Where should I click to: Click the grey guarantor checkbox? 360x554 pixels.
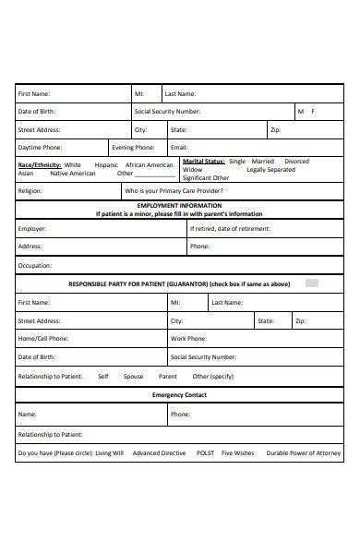(x=312, y=283)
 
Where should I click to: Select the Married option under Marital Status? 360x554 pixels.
(x=263, y=162)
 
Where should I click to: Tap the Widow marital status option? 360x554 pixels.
(x=192, y=170)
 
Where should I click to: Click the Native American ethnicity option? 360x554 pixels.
(x=72, y=173)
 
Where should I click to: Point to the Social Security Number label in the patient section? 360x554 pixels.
(x=167, y=112)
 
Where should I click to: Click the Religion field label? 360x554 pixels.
(x=30, y=191)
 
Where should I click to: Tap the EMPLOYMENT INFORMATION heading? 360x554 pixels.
(x=179, y=205)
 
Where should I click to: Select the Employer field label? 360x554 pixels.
(x=32, y=228)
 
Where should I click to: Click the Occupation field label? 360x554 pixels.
(x=35, y=265)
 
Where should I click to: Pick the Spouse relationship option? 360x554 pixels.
(x=134, y=376)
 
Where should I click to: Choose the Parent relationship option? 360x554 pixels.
(x=168, y=376)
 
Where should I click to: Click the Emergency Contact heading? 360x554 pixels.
(x=179, y=395)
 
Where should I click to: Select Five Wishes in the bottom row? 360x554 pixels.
(x=237, y=453)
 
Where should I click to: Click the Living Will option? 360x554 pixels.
(x=109, y=453)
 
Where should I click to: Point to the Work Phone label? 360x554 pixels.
(x=189, y=339)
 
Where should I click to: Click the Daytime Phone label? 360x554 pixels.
(x=41, y=147)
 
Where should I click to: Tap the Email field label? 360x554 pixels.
(x=179, y=147)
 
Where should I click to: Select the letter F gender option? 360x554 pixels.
(x=313, y=112)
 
